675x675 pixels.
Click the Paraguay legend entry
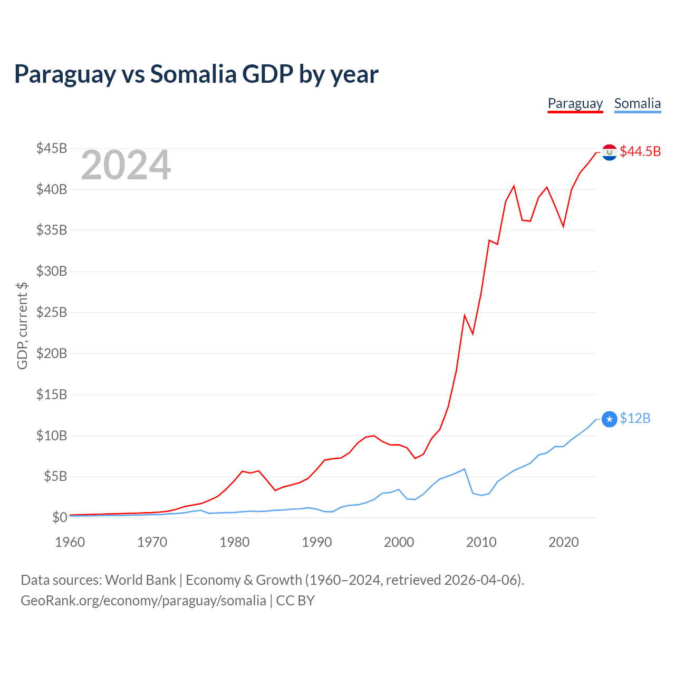coord(575,103)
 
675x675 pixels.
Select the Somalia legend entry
coord(637,103)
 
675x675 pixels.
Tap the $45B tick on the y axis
coord(52,148)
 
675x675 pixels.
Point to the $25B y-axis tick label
coord(52,312)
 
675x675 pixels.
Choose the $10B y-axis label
coord(52,436)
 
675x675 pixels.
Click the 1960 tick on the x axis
coord(70,542)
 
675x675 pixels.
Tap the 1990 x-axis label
coord(317,542)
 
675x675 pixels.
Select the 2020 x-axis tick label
coord(564,542)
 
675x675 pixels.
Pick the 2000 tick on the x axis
coord(399,542)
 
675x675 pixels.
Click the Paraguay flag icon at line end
coord(609,152)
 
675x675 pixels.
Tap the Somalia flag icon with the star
coord(609,419)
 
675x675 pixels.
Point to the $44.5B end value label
coord(640,151)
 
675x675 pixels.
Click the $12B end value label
coord(635,418)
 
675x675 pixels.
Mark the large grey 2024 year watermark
coord(126,165)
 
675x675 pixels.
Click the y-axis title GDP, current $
coord(22,325)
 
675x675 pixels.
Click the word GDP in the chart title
coord(267,74)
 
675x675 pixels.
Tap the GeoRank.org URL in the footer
coord(143,601)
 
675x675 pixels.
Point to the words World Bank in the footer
coord(140,580)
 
